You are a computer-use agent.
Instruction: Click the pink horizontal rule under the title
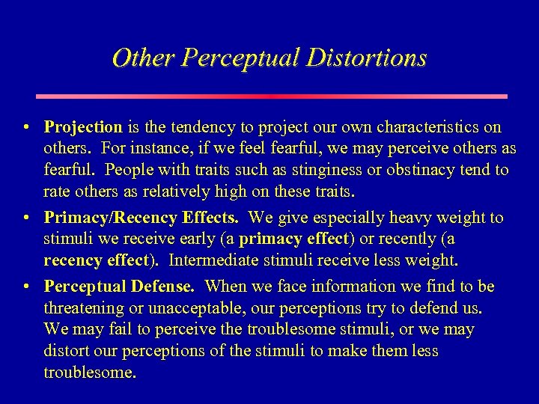tap(271, 97)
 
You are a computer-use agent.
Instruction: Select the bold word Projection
tap(83, 127)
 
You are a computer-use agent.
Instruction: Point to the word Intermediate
tap(213, 261)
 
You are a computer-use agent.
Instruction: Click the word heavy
tap(389, 218)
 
